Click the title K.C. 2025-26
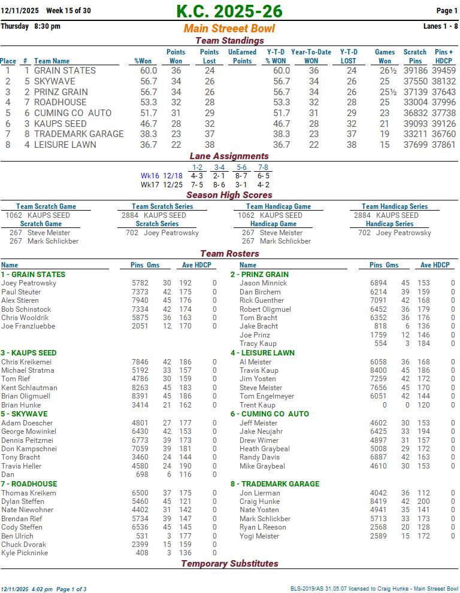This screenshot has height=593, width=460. click(x=229, y=11)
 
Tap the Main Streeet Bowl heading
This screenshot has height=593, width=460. click(x=229, y=29)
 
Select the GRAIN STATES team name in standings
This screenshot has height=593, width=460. click(x=65, y=71)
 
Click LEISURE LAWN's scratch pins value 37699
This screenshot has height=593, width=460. click(x=415, y=145)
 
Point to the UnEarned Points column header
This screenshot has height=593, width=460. click(x=242, y=56)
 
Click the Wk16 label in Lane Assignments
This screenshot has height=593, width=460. click(x=150, y=176)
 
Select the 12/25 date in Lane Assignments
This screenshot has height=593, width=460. click(x=172, y=185)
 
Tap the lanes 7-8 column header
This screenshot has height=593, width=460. click(x=263, y=168)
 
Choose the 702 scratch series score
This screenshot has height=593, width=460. click(x=132, y=233)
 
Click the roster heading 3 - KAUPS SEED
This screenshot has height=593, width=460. click(x=29, y=353)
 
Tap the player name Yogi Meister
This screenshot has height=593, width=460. click(x=259, y=536)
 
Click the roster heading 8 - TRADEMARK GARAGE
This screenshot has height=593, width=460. click(x=275, y=484)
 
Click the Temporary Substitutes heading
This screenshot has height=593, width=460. click(x=229, y=564)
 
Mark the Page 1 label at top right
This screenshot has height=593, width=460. click(x=447, y=11)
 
